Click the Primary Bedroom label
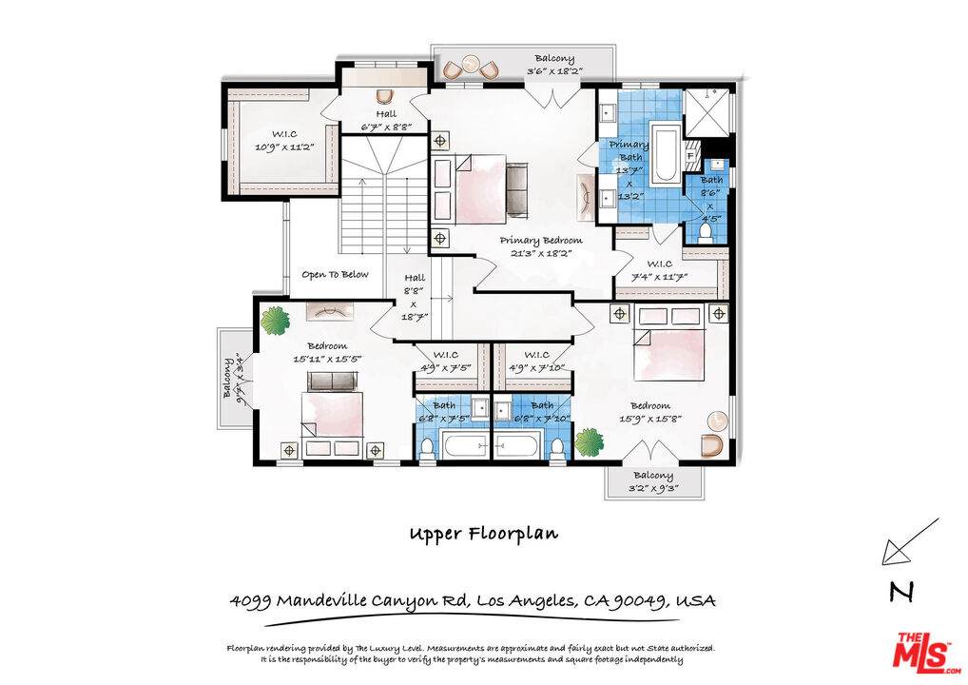point(541,241)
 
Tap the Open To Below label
point(336,275)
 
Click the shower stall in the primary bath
point(707,112)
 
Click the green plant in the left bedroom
point(275,321)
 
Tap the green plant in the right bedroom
point(590,442)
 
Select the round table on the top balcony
point(473,64)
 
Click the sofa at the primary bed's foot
point(518,190)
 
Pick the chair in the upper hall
point(385,96)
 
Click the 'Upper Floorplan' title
point(484,535)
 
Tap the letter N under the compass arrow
point(901,591)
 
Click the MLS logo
point(926,652)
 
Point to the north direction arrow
point(911,541)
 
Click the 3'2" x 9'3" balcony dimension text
point(653,488)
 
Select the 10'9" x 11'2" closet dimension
point(285,147)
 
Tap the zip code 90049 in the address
point(640,600)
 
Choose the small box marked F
point(690,156)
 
